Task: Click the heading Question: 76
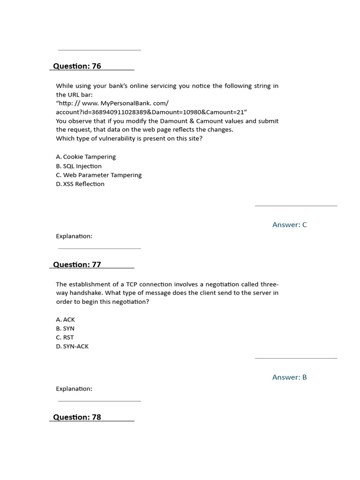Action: [77, 66]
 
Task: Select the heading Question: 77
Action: [77, 264]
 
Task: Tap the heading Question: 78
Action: [77, 417]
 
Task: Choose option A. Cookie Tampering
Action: [86, 157]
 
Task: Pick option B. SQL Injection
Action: [79, 166]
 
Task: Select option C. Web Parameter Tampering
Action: [98, 175]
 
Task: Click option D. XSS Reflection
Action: [80, 184]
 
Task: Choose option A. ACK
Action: [65, 319]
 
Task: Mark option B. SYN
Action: [65, 329]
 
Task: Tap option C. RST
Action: [65, 337]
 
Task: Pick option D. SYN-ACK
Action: [72, 346]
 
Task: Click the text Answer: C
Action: [290, 225]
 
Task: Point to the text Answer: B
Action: [290, 377]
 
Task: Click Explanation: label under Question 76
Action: [74, 236]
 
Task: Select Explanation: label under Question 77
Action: [74, 389]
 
